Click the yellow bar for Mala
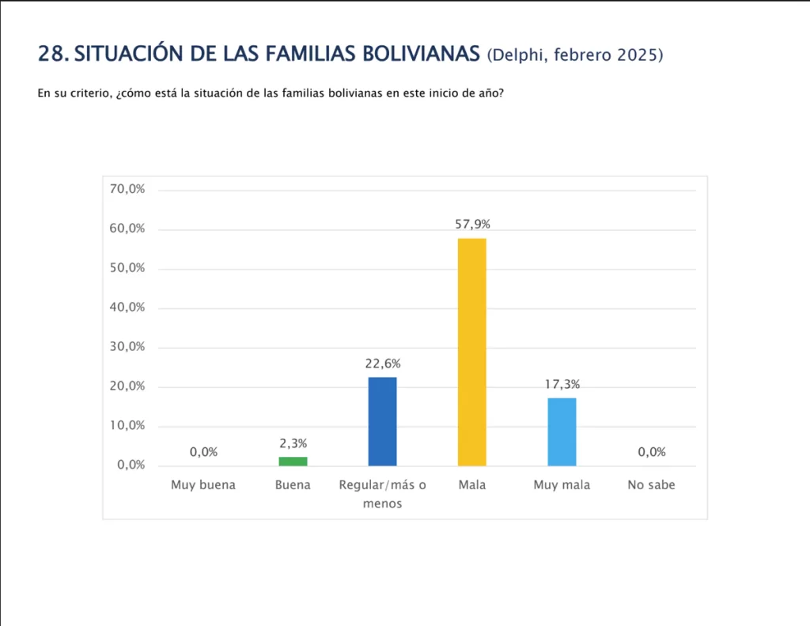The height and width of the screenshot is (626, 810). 472,352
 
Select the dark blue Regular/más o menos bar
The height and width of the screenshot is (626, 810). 382,421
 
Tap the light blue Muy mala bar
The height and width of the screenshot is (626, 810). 562,432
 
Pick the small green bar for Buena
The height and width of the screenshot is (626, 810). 293,461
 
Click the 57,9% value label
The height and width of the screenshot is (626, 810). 472,224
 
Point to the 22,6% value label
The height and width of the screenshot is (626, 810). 382,364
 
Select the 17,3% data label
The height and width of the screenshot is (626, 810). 562,384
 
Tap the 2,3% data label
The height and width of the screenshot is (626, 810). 293,443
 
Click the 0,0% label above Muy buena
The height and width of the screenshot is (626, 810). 203,452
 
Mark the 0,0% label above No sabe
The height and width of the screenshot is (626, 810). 652,452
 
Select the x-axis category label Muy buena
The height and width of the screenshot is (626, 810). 203,485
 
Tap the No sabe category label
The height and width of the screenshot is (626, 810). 652,485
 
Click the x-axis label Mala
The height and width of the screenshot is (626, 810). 472,485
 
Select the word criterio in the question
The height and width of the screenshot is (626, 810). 81,93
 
